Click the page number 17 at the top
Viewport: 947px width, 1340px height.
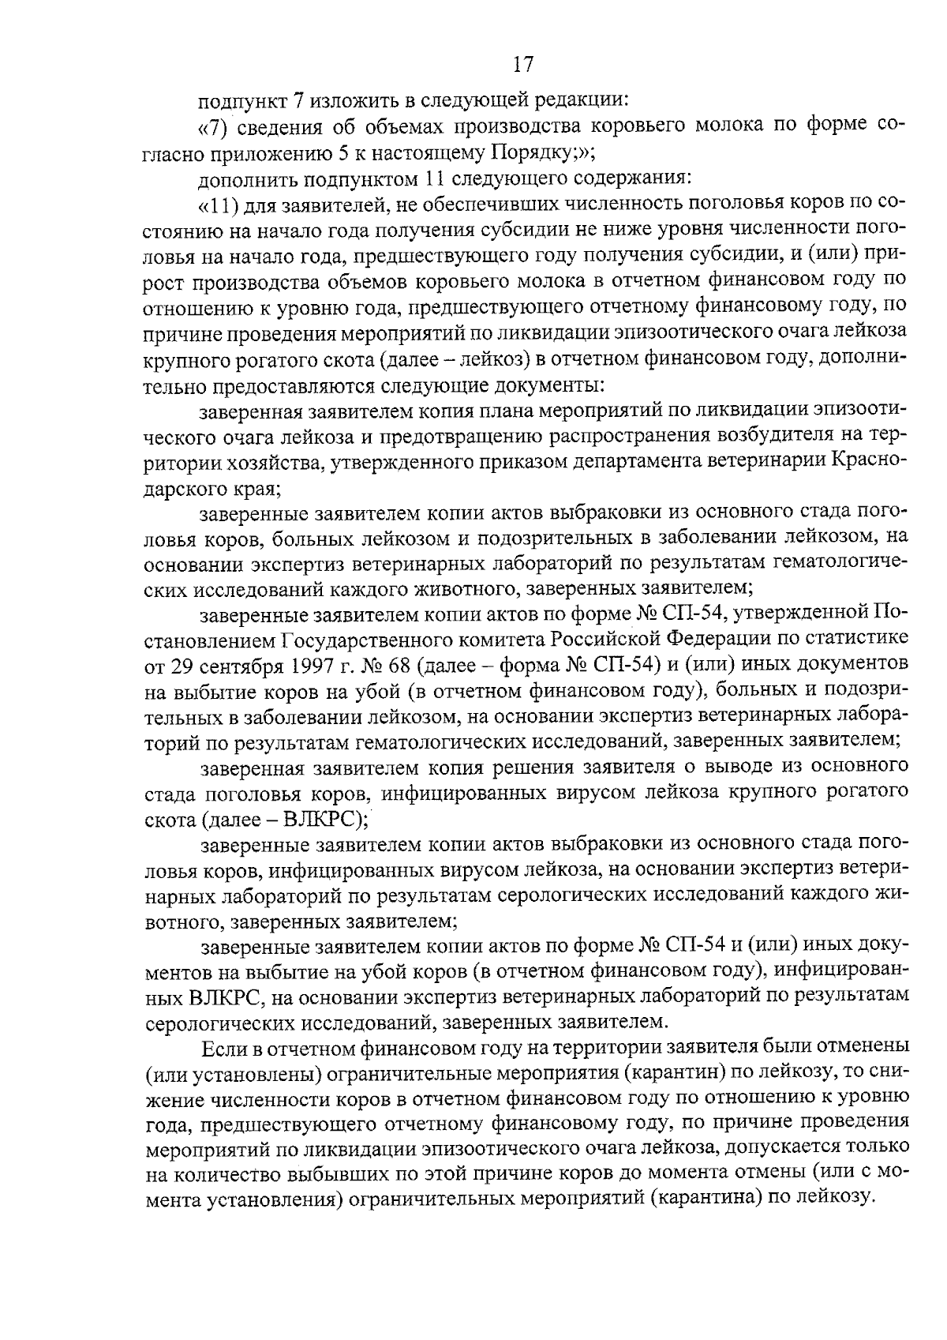523,64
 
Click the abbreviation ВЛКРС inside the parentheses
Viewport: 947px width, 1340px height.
316,817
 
